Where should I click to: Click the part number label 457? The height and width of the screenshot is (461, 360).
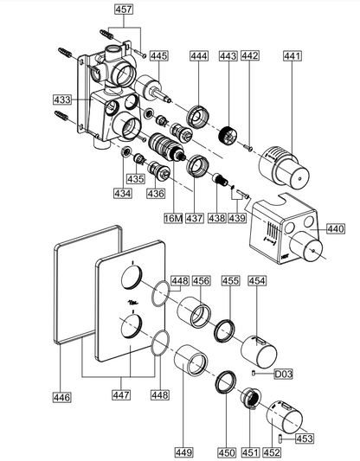[x=124, y=10]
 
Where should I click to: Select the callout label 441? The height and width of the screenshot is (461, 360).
[x=292, y=56]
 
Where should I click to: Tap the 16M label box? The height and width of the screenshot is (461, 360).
[x=173, y=218]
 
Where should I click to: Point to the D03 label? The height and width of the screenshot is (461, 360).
[x=283, y=374]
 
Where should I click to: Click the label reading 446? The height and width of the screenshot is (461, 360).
[x=62, y=397]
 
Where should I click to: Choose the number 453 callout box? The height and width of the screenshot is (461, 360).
[x=304, y=439]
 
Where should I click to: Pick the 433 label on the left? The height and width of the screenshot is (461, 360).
[x=62, y=99]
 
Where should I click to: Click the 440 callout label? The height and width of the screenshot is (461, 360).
[x=336, y=228]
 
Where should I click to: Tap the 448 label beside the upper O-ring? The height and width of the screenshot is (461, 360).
[x=180, y=281]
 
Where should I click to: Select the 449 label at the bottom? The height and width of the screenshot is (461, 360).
[x=183, y=452]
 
